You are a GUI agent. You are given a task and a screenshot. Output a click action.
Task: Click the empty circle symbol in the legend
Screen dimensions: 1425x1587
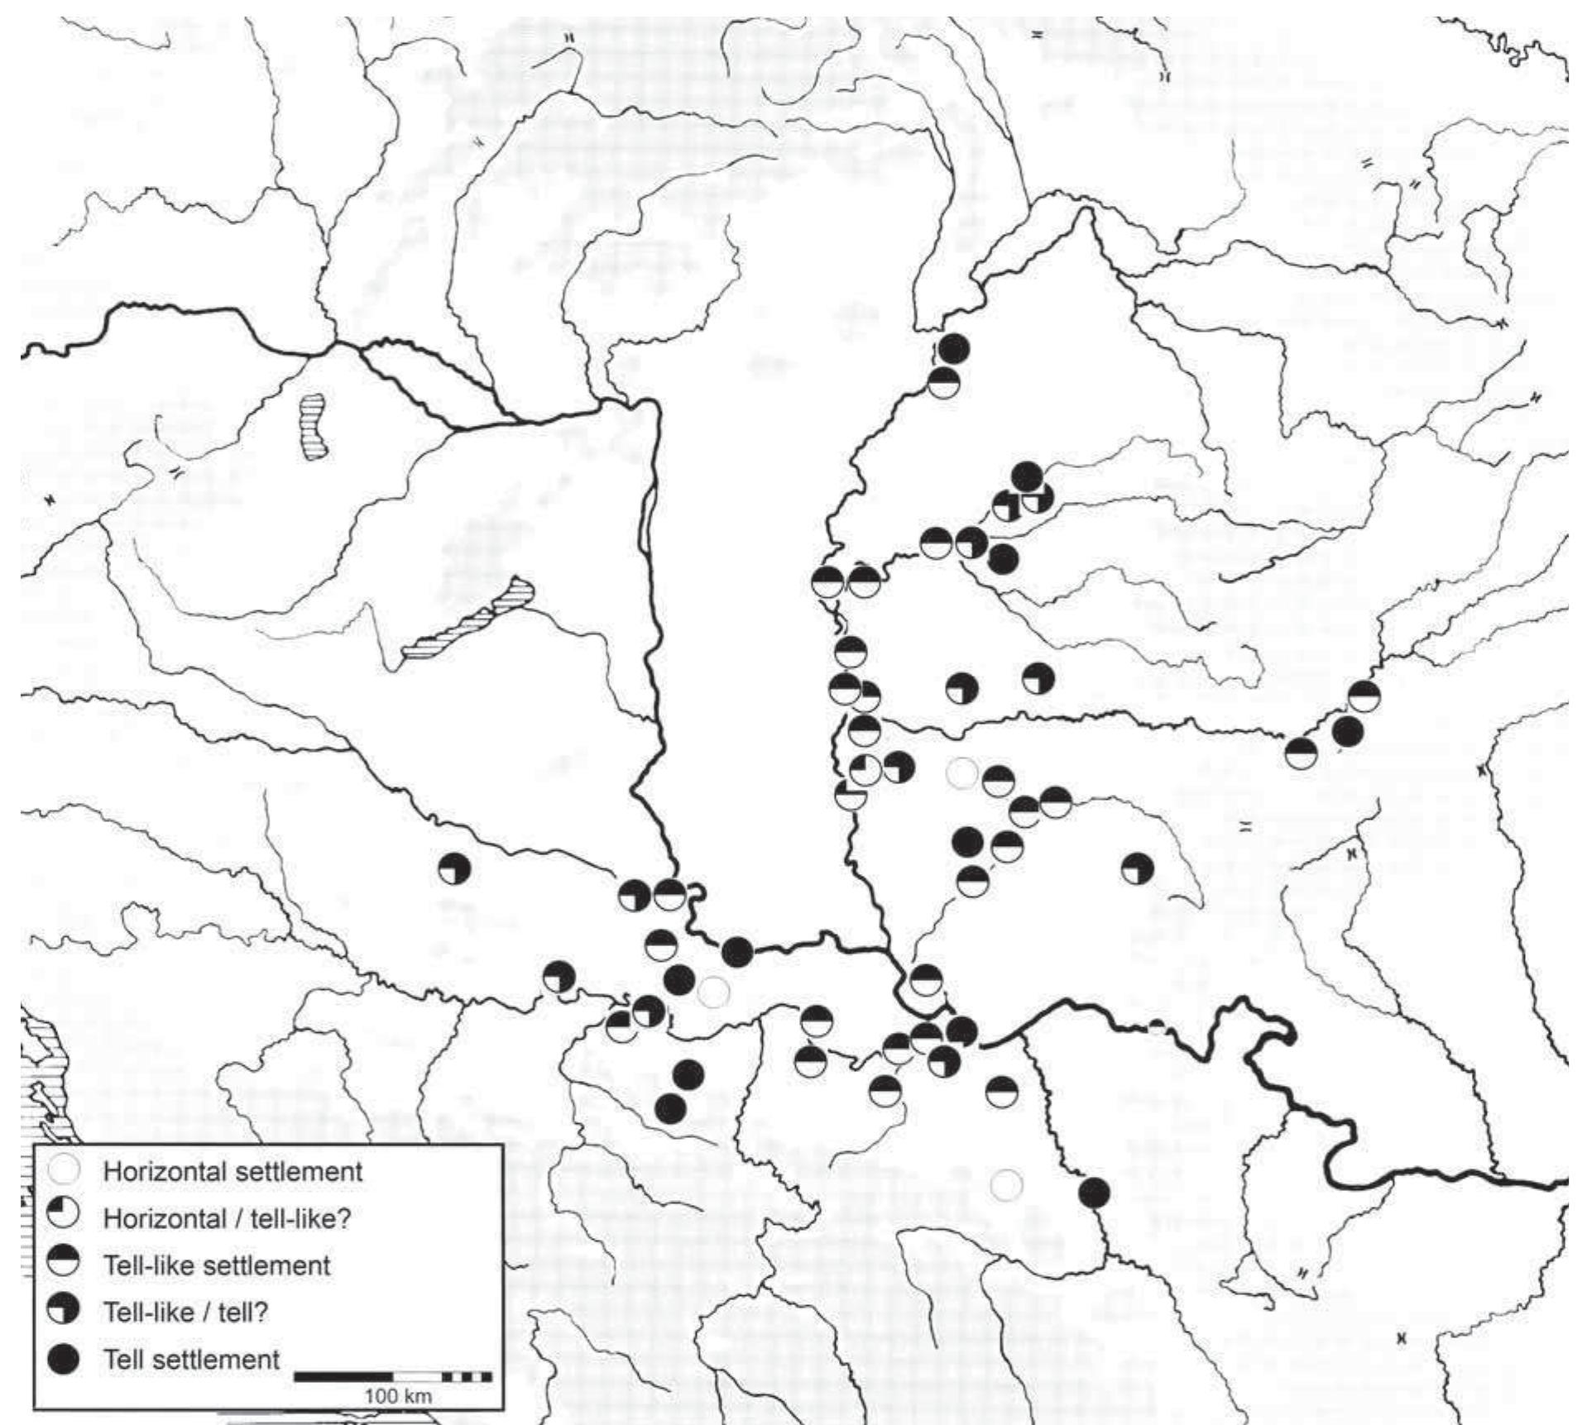[65, 1170]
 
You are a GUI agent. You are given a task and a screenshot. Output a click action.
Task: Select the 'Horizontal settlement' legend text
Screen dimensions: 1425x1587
[233, 1171]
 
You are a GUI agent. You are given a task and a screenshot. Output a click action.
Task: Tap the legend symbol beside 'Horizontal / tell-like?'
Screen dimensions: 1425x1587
[65, 1217]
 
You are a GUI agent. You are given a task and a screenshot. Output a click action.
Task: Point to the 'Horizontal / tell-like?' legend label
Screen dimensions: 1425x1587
[228, 1218]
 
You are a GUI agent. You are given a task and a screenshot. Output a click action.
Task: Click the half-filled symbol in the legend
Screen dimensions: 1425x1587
[65, 1265]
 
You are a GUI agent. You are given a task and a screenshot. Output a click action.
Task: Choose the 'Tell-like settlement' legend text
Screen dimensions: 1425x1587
[217, 1265]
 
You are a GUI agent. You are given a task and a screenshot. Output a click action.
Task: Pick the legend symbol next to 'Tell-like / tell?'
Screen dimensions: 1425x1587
[65, 1312]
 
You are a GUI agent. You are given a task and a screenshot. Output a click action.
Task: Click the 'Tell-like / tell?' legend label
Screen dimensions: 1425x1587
[186, 1313]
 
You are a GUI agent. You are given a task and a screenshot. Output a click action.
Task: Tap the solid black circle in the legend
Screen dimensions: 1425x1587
[65, 1359]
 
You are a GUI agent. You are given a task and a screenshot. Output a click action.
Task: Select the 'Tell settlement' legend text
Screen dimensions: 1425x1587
[192, 1360]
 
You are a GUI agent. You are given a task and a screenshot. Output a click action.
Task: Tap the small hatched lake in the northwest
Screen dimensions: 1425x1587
[314, 426]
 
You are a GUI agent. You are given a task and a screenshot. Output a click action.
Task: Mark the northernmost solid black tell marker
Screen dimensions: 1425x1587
[954, 349]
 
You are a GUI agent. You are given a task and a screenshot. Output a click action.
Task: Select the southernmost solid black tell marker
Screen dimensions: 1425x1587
[1094, 1192]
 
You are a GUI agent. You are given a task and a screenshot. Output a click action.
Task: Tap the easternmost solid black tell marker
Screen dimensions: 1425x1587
[1347, 732]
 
